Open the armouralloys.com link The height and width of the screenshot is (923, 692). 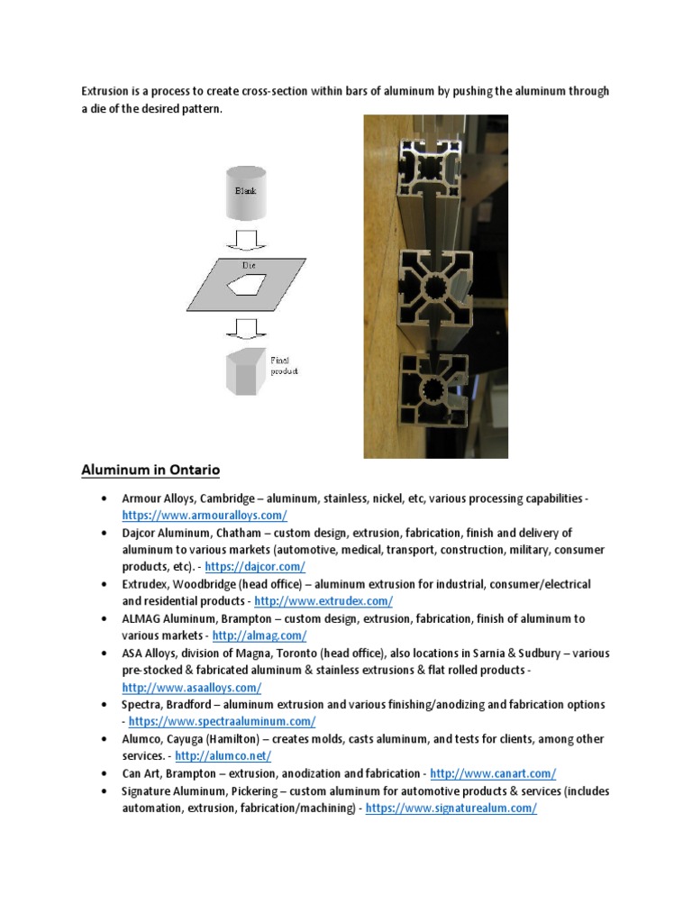pos(205,516)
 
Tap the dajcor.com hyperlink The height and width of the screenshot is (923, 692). pos(255,567)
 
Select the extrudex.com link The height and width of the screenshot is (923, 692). pos(323,601)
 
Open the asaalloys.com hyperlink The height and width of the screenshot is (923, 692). pos(192,687)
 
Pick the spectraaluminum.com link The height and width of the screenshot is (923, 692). pos(222,721)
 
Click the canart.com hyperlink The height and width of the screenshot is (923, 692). pos(493,773)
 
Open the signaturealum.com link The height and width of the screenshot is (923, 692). pos(452,808)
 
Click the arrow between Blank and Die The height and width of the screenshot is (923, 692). pos(246,242)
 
